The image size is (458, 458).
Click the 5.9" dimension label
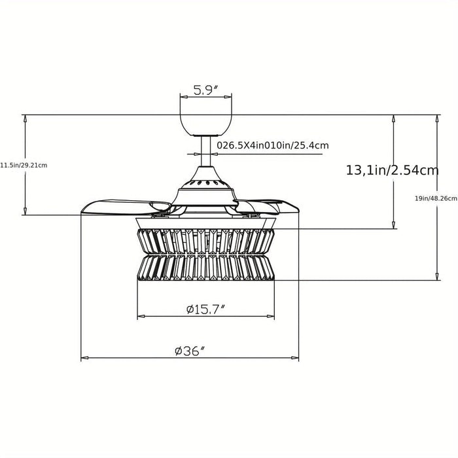pyautogui.click(x=206, y=90)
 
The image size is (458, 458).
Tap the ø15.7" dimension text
pyautogui.click(x=206, y=309)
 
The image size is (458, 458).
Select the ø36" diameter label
pyautogui.click(x=190, y=351)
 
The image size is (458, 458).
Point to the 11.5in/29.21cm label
pyautogui.click(x=24, y=166)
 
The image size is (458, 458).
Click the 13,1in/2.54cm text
pyautogui.click(x=393, y=170)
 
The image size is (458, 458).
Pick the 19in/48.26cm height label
pyautogui.click(x=436, y=199)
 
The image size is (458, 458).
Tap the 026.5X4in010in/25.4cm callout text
pyautogui.click(x=273, y=145)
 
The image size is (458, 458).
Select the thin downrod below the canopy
pyautogui.click(x=206, y=151)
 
